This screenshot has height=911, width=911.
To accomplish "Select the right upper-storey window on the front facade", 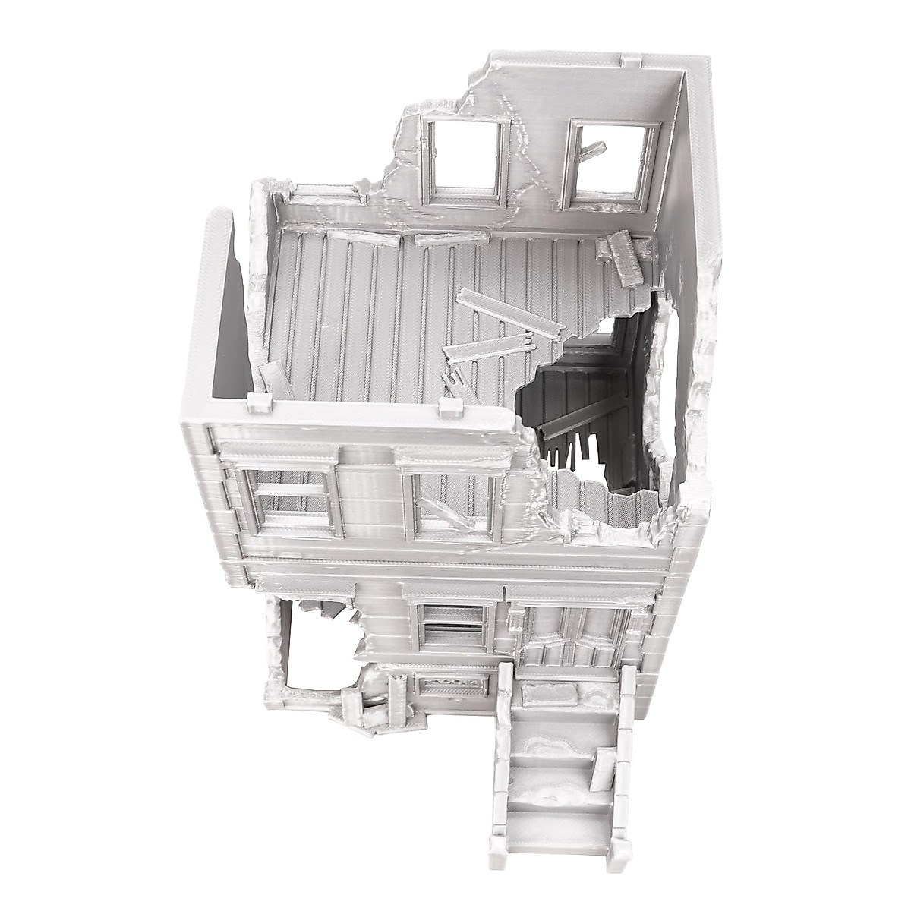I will coord(452,505).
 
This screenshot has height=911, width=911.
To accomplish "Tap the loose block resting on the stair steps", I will coord(605,767).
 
